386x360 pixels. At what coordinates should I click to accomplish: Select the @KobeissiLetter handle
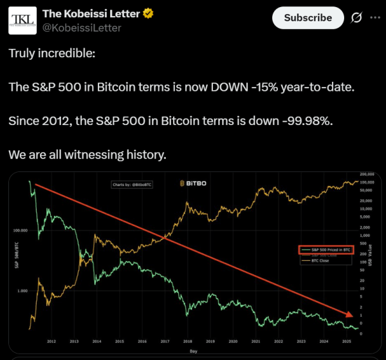coord(81,28)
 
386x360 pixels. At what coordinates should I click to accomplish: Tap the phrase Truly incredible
coord(52,53)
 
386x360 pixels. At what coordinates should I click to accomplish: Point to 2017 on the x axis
coord(165,341)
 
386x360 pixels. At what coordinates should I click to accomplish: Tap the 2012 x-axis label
coord(51,341)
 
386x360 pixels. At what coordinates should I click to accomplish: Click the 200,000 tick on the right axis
coord(367,175)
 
